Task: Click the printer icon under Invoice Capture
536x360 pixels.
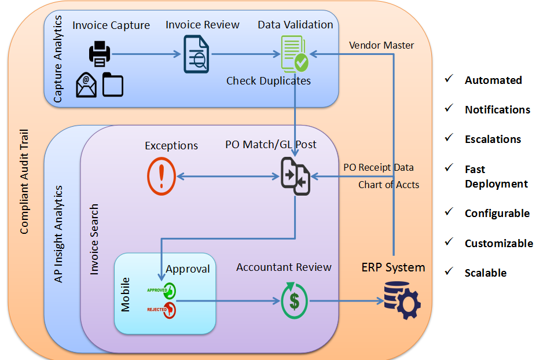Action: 99,55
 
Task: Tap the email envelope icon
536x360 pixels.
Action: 86,85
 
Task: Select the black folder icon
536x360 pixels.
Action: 113,85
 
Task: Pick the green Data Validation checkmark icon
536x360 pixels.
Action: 295,54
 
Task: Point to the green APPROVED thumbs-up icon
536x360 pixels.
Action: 170,291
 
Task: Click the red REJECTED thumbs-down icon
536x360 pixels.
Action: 169,310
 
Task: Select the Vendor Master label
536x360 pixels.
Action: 381,45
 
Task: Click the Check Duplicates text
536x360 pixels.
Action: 268,81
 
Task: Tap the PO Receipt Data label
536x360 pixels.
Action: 379,167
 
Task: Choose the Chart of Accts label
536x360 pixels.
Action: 388,185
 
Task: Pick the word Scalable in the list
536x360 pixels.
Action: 486,273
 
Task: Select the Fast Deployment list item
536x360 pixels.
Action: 496,177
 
